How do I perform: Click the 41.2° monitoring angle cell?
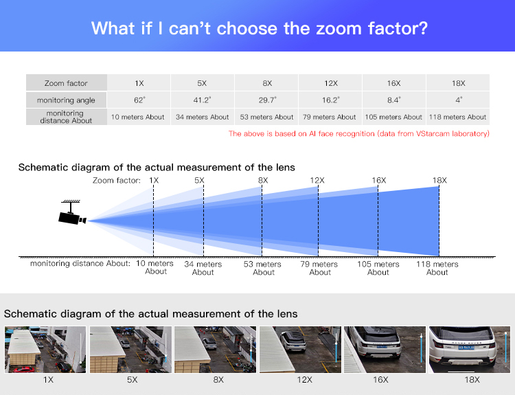[202, 100]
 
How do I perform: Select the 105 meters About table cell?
[393, 117]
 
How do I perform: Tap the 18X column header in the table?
[458, 83]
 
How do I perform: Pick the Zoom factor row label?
[66, 83]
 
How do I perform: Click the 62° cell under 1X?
[139, 100]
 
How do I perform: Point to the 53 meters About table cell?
[266, 117]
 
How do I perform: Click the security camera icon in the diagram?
[72, 213]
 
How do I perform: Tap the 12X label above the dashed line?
[317, 181]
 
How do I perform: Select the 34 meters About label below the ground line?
[203, 268]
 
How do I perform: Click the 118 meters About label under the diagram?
[437, 268]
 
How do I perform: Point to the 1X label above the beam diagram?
[154, 181]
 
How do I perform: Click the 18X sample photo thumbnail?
[470, 350]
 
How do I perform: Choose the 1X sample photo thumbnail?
[45, 350]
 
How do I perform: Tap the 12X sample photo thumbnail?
[300, 350]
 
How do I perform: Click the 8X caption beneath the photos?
[218, 380]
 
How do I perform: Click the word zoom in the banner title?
[339, 28]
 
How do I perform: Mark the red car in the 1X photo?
[24, 370]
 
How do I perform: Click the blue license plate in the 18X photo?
[466, 348]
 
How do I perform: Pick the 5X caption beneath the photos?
[133, 380]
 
